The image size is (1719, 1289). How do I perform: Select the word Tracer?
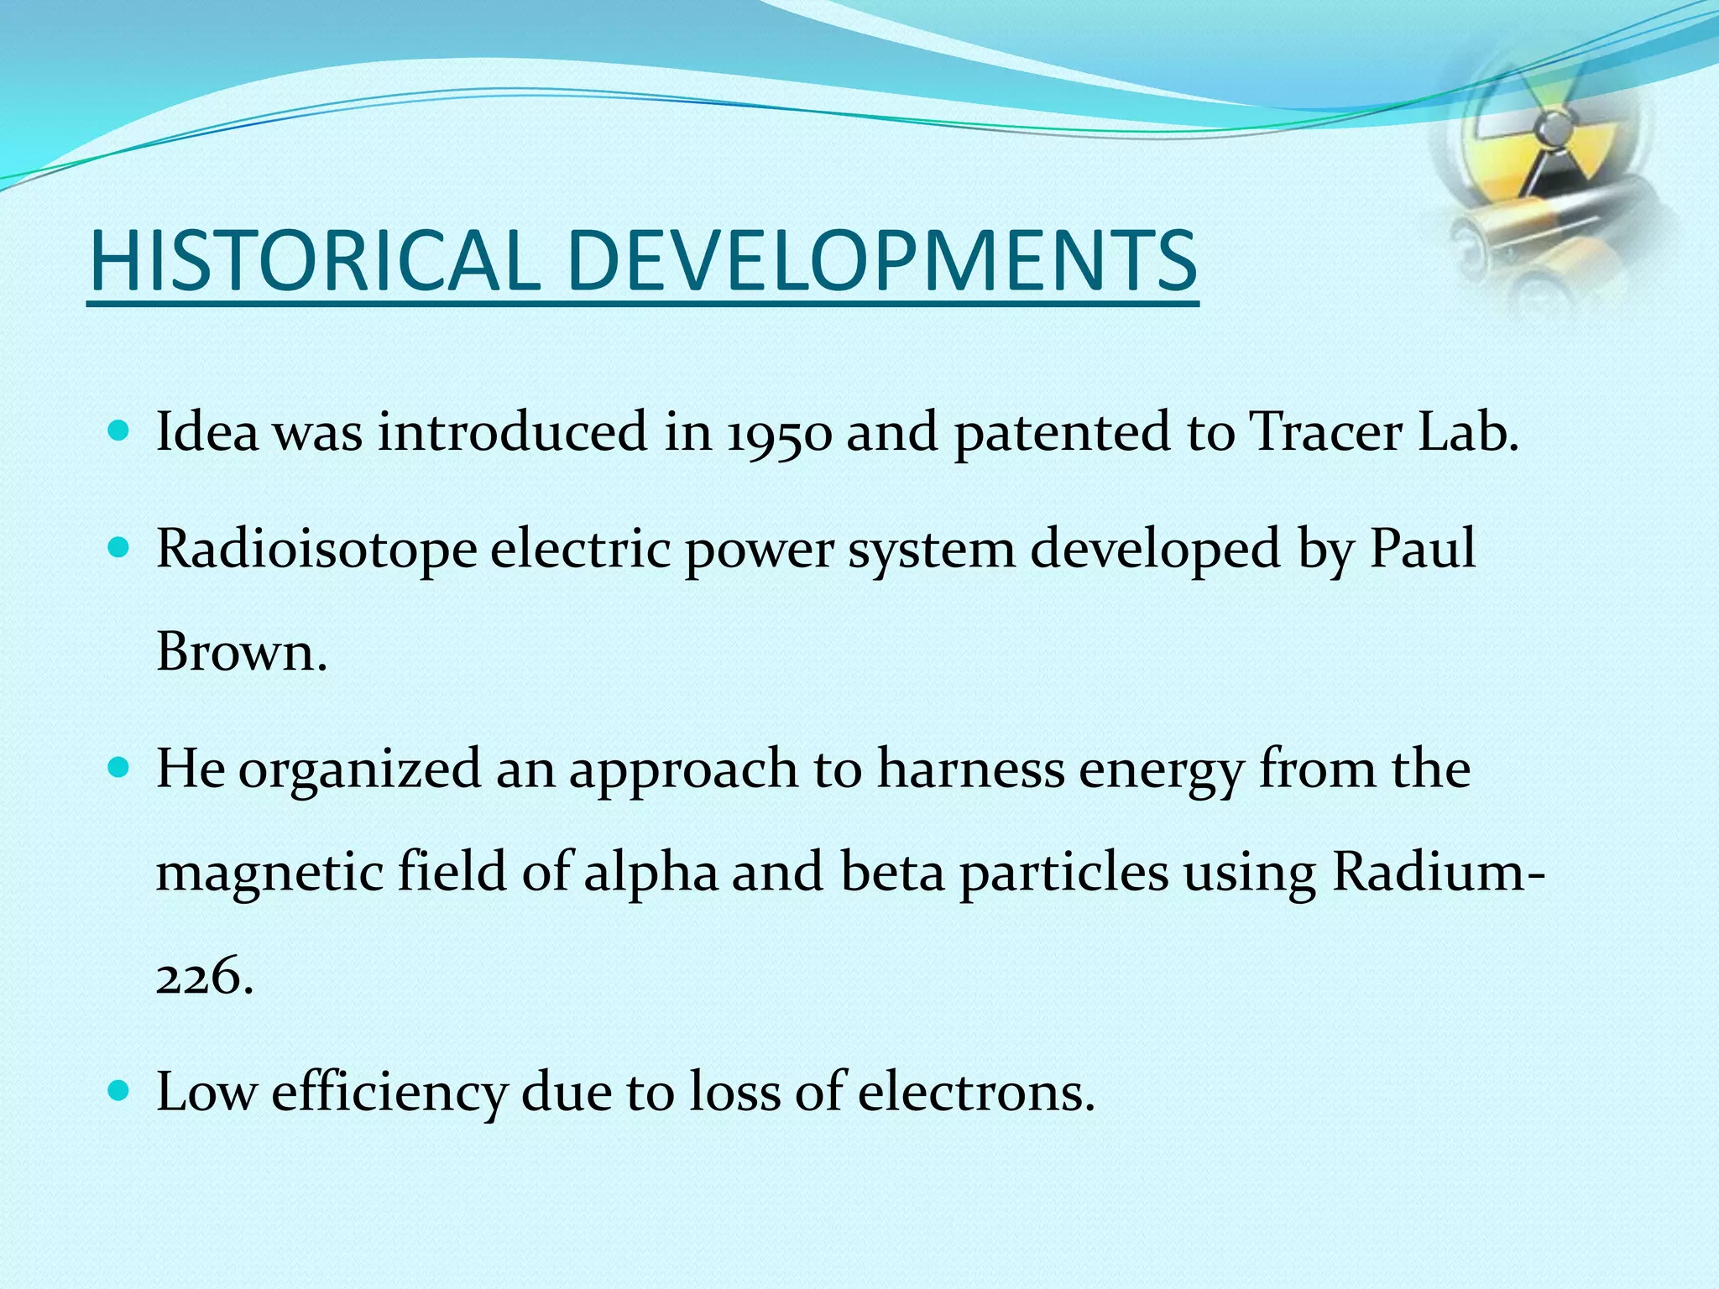click(1326, 433)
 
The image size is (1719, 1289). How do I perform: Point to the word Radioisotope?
click(316, 551)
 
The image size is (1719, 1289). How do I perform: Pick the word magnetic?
click(270, 874)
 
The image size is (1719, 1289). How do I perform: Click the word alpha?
click(651, 874)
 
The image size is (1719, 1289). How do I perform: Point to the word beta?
click(892, 872)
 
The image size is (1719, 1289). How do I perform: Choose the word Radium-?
click(1437, 872)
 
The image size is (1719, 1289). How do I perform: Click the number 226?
click(201, 977)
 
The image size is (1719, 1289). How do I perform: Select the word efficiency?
click(389, 1092)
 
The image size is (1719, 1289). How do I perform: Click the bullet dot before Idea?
click(119, 432)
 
